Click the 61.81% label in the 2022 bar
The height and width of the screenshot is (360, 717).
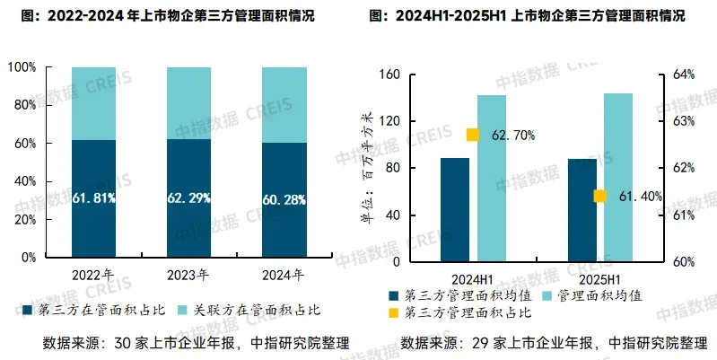coord(94,198)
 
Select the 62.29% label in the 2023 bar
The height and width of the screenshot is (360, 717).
coord(189,198)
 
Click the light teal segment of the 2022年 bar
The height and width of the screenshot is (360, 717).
coord(94,103)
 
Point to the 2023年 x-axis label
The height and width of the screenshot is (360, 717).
coord(189,274)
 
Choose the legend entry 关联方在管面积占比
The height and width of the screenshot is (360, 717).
coord(259,310)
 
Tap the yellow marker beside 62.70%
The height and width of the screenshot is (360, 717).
coord(473,136)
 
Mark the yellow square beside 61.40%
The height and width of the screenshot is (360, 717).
coord(599,197)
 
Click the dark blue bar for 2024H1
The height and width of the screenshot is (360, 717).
coord(454,210)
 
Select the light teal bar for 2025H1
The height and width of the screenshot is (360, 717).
coord(618,178)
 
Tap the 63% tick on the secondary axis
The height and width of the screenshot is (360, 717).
coord(684,121)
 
